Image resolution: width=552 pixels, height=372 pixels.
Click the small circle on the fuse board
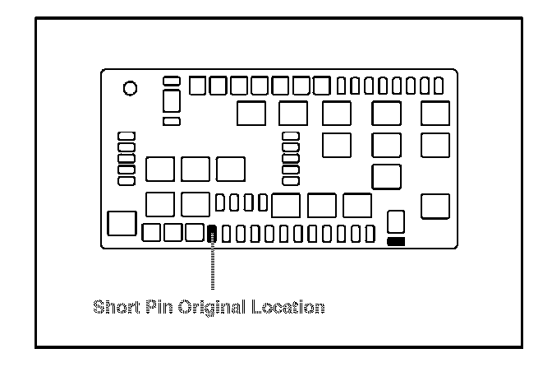[130, 87]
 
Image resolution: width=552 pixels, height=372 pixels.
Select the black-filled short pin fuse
[213, 234]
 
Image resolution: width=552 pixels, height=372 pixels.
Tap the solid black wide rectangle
[396, 242]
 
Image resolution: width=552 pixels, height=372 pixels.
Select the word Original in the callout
[210, 308]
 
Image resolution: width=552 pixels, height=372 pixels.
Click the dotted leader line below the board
[213, 267]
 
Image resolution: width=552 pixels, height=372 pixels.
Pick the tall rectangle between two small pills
[172, 100]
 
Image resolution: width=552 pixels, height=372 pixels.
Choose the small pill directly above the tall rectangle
[172, 81]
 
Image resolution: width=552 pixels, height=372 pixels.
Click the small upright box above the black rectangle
[396, 221]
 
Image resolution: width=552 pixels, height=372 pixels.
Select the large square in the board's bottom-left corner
[121, 223]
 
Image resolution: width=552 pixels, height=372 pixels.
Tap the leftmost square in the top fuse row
[199, 86]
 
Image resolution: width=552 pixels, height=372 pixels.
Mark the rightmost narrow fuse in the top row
[439, 85]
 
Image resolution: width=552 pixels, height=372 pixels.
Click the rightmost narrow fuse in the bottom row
[370, 234]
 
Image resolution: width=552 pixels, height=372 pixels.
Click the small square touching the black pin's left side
[195, 233]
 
